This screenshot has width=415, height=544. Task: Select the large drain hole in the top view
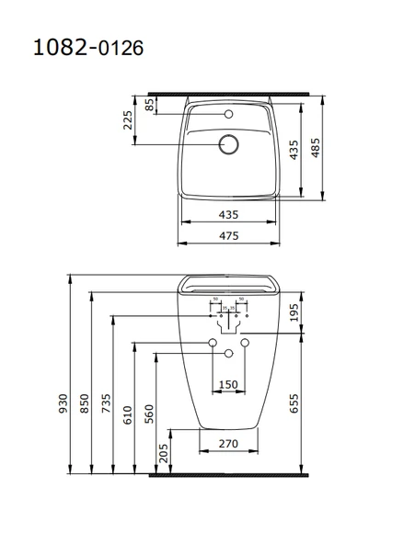[x=228, y=144]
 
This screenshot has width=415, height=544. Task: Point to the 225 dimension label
[x=128, y=120]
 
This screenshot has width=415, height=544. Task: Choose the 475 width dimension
[x=228, y=236]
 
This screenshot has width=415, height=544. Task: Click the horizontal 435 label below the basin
[x=228, y=214]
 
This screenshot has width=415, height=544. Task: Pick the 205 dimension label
[x=163, y=451]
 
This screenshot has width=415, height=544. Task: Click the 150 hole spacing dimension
[x=228, y=384]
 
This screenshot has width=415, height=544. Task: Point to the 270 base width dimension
[x=228, y=443]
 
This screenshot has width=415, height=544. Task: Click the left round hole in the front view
[x=213, y=345]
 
